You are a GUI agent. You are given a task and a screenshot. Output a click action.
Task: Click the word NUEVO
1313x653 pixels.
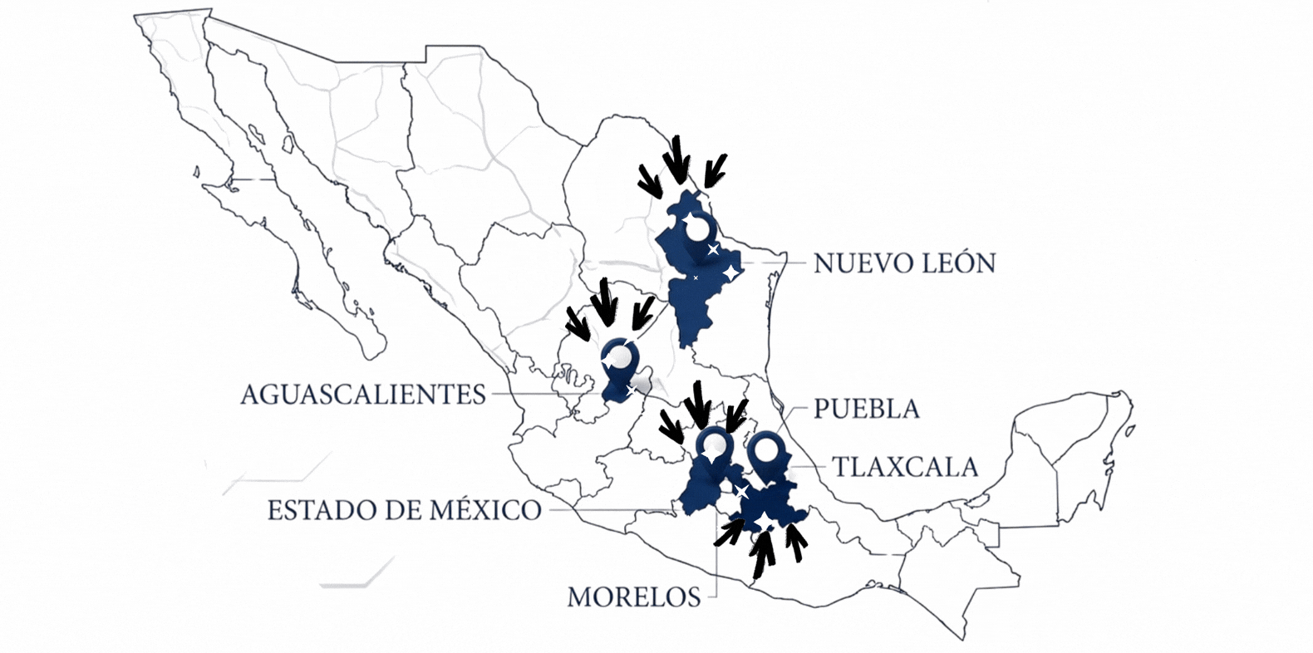pyautogui.click(x=853, y=263)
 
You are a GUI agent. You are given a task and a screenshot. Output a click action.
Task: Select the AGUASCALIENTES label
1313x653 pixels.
pyautogui.click(x=363, y=394)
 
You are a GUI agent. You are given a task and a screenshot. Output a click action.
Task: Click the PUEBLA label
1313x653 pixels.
pyautogui.click(x=866, y=409)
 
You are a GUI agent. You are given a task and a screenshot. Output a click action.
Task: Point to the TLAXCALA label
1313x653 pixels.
pyautogui.click(x=905, y=467)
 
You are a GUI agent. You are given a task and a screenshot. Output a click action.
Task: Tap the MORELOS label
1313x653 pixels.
pyautogui.click(x=633, y=597)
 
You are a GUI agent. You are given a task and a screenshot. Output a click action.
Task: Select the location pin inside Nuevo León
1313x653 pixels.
pyautogui.click(x=696, y=233)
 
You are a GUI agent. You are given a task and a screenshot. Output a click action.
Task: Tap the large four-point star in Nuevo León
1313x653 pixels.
pyautogui.click(x=730, y=272)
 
